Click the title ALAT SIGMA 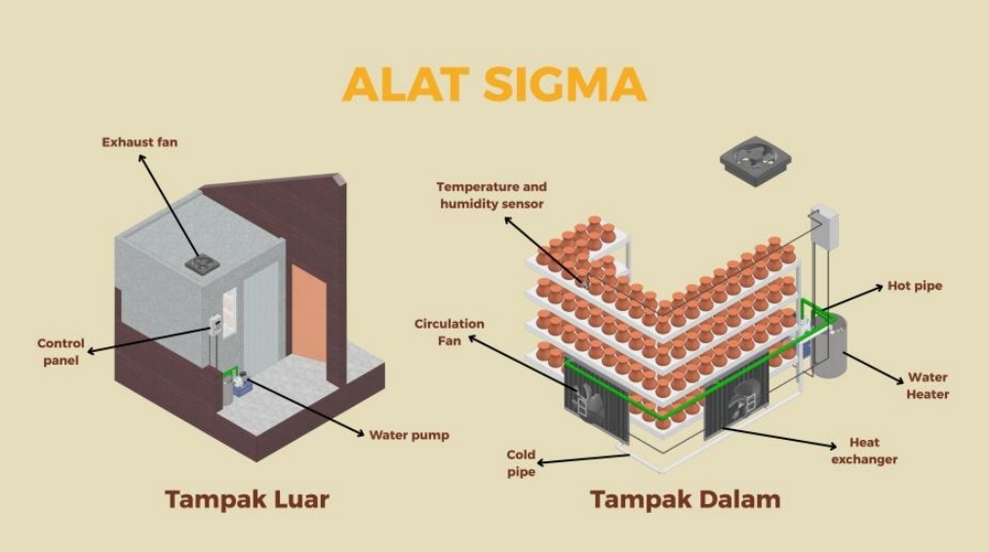point(494,85)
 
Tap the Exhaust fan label point(139,142)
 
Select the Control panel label point(60,352)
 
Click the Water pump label point(409,435)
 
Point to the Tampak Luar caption point(246,500)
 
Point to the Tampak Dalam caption point(685,500)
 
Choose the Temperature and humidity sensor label point(492,195)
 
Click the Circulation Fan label point(449,333)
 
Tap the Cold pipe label point(521,463)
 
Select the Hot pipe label point(914,286)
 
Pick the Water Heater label point(927,386)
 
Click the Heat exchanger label point(863,451)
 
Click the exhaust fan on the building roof point(203,262)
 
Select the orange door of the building point(309,313)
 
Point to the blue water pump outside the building point(241,386)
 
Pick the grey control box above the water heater point(823,225)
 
